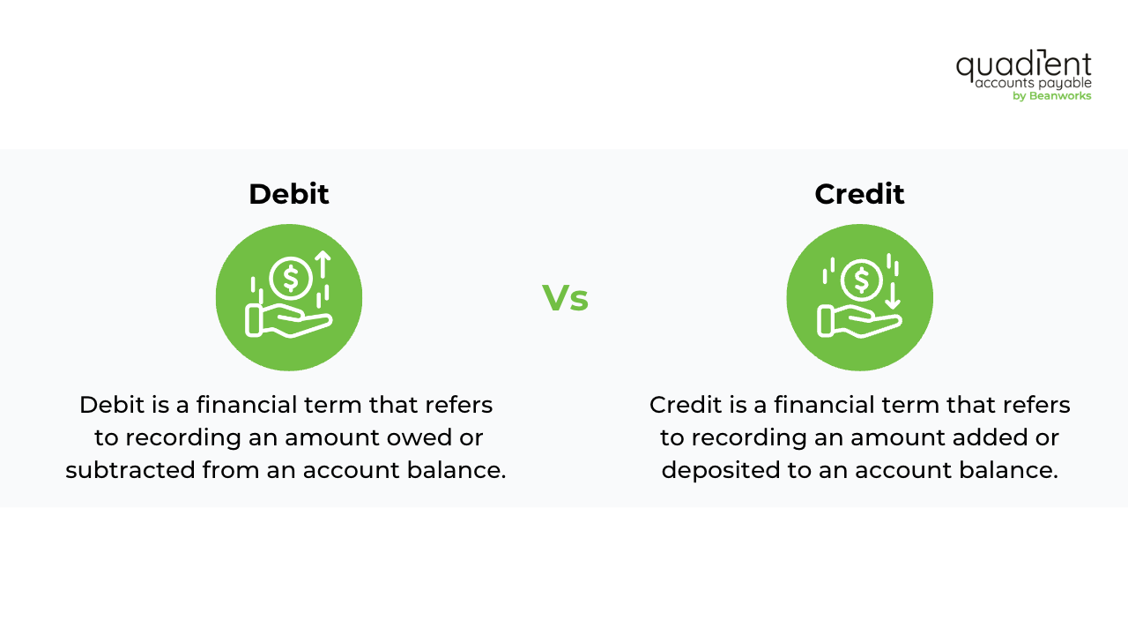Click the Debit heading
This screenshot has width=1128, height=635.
pos(288,194)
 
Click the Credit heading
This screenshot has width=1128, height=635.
pos(859,194)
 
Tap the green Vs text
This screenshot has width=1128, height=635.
pos(565,298)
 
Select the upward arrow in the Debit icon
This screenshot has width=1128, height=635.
pos(323,265)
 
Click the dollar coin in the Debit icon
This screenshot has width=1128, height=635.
pos(291,278)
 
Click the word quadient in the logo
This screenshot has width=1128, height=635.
pos(1023,66)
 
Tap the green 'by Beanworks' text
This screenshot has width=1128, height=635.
pos(1051,96)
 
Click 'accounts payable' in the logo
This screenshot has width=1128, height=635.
pos(1033,83)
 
